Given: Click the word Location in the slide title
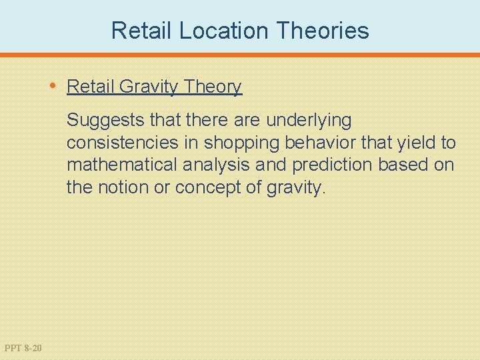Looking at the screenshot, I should coord(221,31).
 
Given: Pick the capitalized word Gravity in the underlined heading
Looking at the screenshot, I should coord(147,87).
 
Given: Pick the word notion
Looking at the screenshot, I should coord(123,187).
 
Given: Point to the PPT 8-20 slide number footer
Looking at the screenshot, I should coord(23,347).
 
